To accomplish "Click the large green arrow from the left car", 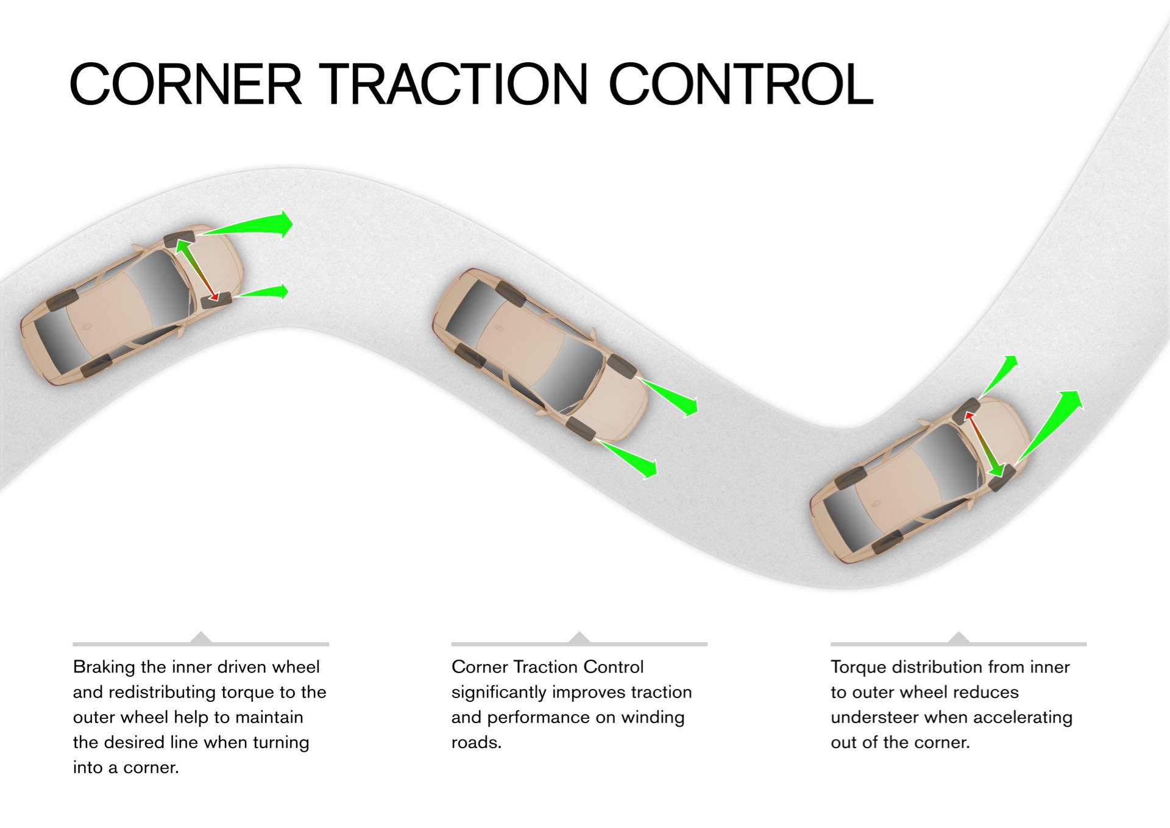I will [256, 225].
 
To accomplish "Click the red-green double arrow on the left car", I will [196, 270].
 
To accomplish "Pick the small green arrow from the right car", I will [999, 375].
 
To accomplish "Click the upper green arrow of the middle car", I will [670, 394].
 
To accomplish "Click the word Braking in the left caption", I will [104, 667].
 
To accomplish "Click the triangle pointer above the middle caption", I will [579, 638].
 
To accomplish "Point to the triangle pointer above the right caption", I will [959, 638].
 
